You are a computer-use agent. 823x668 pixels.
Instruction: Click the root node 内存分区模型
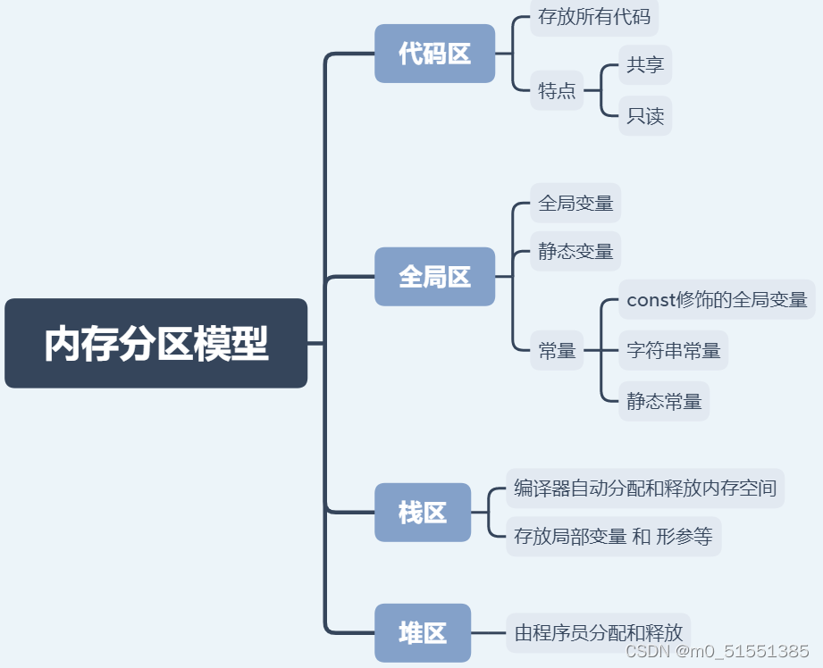click(x=155, y=343)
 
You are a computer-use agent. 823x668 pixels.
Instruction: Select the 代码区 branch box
click(x=434, y=54)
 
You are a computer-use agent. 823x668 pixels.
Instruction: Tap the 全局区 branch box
click(x=434, y=277)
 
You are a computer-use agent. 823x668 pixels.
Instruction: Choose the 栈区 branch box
click(x=422, y=513)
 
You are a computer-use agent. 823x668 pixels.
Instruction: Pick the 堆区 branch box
click(x=422, y=633)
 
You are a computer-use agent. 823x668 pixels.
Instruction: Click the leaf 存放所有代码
click(x=594, y=16)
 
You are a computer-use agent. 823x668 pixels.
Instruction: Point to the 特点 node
click(x=557, y=90)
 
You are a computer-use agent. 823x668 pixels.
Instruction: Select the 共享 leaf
click(x=645, y=65)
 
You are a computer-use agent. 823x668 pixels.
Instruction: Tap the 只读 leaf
click(x=645, y=116)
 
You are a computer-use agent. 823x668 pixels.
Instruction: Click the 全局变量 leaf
click(x=575, y=203)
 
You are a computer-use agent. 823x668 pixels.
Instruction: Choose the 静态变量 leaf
click(x=575, y=252)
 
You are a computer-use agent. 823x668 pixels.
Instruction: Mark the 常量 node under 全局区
click(x=557, y=351)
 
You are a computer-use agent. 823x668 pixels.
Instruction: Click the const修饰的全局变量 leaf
click(x=717, y=300)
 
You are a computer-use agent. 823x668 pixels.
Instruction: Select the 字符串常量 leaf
click(x=674, y=351)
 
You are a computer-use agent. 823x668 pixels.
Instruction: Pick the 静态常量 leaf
click(x=664, y=401)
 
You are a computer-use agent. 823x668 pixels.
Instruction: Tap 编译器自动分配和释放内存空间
click(x=645, y=488)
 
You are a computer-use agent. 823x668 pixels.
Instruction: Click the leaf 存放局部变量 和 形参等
click(x=613, y=537)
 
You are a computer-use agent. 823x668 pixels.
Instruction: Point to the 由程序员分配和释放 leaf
click(x=599, y=633)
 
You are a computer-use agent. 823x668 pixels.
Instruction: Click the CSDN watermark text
click(x=718, y=651)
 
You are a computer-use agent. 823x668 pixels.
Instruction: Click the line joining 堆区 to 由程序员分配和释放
click(x=488, y=633)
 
